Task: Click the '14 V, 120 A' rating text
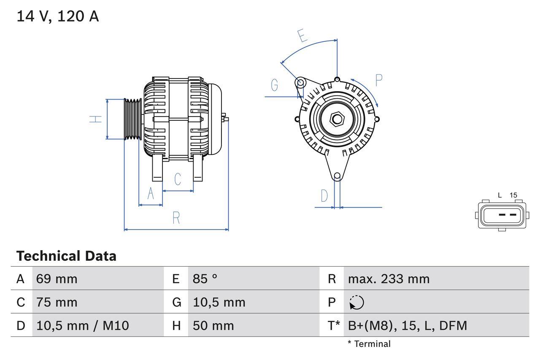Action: click(57, 16)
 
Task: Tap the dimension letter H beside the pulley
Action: click(96, 119)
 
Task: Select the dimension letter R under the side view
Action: click(176, 218)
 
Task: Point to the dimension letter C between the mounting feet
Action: click(178, 179)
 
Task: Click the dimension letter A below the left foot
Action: click(151, 194)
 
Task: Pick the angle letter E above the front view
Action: click(302, 36)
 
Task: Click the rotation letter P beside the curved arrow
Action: click(378, 80)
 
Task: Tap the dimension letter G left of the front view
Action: click(274, 85)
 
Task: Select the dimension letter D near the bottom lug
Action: click(324, 196)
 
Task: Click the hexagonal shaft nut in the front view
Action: click(337, 119)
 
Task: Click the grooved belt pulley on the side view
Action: click(133, 119)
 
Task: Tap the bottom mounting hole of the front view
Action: click(337, 176)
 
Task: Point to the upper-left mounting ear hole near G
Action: click(300, 82)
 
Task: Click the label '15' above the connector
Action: click(513, 195)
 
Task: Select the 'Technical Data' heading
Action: click(66, 256)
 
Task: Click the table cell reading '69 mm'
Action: click(57, 279)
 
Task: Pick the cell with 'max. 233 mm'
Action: click(389, 279)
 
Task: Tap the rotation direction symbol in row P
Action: click(356, 302)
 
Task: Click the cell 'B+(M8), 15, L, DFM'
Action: click(407, 325)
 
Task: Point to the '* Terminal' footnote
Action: click(369, 344)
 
